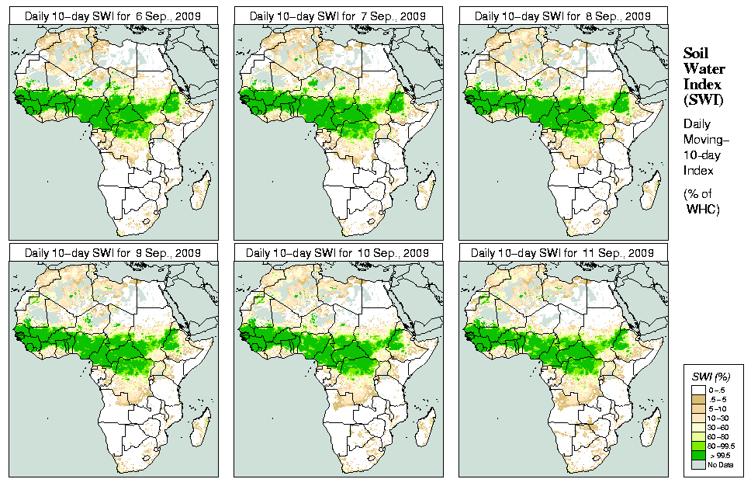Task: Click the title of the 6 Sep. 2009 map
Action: click(113, 16)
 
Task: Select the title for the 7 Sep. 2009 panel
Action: click(338, 16)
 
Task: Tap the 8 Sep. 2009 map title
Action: click(563, 16)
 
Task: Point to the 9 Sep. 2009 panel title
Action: click(113, 253)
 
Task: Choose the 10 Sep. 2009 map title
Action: click(338, 253)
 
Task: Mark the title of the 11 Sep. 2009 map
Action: click(563, 253)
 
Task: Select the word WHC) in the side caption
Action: click(704, 210)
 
